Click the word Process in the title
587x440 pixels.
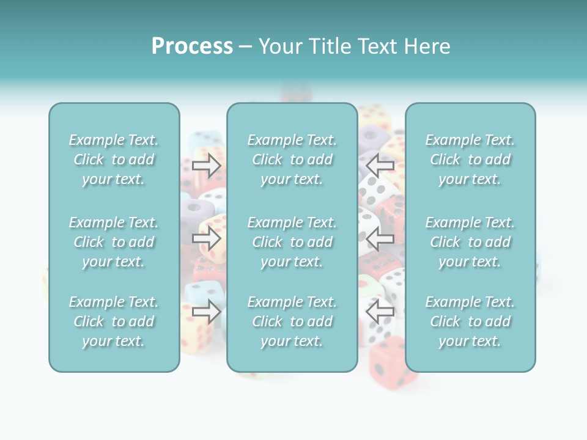(192, 46)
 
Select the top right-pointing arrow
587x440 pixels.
(207, 165)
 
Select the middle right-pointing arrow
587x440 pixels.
(207, 238)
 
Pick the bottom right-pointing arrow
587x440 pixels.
(207, 311)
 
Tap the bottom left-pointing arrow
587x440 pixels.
(380, 311)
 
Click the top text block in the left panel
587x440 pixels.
(114, 159)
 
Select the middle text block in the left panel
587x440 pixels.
(114, 242)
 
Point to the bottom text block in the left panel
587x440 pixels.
(114, 321)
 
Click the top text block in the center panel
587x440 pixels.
(292, 159)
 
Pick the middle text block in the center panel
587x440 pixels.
(292, 242)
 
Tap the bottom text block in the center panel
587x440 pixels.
(292, 321)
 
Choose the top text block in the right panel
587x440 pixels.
(470, 159)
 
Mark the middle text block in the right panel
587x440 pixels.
(470, 242)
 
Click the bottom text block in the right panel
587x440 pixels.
(470, 321)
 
